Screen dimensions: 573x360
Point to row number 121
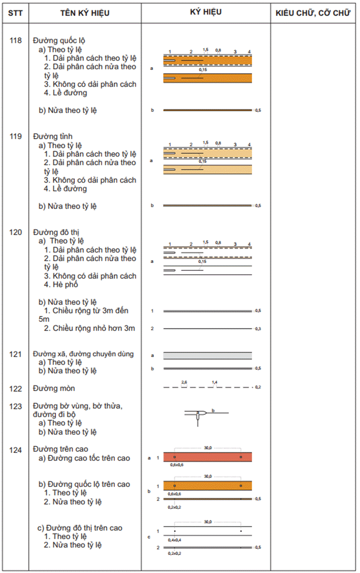16,354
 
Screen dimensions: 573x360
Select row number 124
16,449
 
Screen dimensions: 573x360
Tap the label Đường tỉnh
51,136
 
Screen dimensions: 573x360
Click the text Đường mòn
54,388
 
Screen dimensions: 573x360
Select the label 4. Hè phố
61,285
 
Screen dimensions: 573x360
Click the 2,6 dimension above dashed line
185,382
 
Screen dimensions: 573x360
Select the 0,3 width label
258,328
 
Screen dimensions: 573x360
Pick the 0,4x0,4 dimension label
175,540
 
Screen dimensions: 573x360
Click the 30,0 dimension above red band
208,448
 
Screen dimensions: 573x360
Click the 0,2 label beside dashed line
258,388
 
